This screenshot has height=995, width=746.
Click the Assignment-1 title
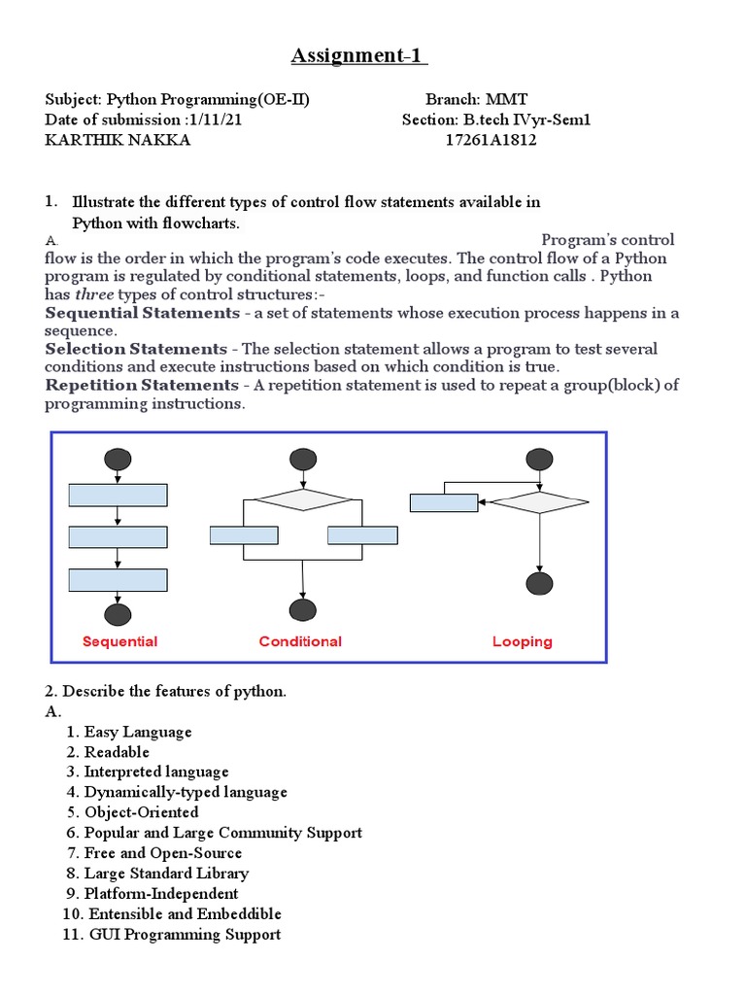359,56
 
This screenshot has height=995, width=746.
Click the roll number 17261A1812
491,140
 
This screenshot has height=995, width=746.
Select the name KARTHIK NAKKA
119,140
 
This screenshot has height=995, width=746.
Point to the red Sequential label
119,641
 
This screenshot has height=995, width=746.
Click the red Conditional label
300,641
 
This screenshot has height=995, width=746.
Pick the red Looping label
523,641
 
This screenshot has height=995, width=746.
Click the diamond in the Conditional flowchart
302,499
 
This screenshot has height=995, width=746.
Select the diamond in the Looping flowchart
538,502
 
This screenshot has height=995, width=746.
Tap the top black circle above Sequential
119,460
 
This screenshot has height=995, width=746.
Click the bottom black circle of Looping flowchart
538,583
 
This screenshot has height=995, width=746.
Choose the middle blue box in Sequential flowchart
119,537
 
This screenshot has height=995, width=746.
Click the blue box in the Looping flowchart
444,503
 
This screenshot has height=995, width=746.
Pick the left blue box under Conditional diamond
244,535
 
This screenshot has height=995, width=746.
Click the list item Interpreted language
156,772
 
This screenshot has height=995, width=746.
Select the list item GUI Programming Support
185,935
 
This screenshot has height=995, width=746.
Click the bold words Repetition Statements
142,386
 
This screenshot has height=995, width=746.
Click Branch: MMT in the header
466,100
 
